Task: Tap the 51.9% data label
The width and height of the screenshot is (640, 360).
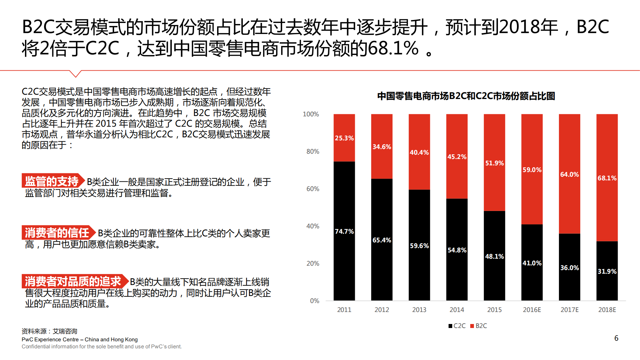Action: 494,163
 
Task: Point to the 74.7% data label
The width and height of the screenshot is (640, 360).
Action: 344,231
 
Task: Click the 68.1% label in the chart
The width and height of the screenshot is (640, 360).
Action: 607,178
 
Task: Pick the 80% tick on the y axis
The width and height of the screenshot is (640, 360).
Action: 312,151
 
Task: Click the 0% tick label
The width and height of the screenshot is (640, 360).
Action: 314,301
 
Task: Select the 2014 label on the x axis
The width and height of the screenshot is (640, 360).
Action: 457,310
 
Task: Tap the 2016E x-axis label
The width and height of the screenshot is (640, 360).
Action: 532,310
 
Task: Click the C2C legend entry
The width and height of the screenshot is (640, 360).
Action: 457,326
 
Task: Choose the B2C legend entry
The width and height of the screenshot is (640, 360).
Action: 479,326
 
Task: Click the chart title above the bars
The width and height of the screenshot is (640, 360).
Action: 466,96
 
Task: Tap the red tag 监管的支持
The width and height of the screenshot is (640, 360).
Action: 52,181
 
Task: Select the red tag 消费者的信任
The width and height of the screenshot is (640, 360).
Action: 57,233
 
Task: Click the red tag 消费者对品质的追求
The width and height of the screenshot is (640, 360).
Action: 73,281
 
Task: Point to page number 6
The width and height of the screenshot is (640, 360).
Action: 616,338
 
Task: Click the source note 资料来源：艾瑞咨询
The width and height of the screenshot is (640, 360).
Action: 49,331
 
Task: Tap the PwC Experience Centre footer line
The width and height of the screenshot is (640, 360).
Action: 79,339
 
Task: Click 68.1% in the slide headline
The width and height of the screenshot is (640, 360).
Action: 393,48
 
